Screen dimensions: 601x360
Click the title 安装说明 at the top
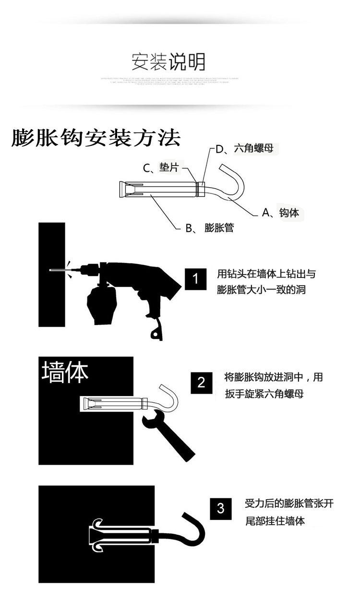tap(168, 62)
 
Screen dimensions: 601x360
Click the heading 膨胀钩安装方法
tap(96, 139)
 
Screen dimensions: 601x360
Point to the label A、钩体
tap(280, 213)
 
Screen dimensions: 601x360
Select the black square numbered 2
tap(201, 383)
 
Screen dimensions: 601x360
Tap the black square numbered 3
tap(220, 508)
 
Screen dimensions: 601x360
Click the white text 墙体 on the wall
tap(65, 373)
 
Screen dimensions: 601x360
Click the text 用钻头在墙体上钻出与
tap(266, 274)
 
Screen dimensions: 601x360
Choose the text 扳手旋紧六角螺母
tap(264, 394)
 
